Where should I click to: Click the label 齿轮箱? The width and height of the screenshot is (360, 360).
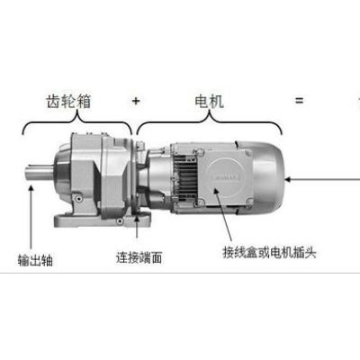[x=68, y=101]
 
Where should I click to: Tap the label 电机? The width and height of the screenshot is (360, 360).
[x=209, y=101]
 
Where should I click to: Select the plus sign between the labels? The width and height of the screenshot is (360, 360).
[x=136, y=101]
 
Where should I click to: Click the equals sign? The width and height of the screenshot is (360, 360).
[x=299, y=101]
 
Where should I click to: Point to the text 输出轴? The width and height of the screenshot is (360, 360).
[x=35, y=260]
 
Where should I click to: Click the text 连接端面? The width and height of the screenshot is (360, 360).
[x=139, y=257]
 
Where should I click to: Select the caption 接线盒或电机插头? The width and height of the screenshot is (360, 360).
[x=269, y=252]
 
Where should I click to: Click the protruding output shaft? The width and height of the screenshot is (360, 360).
[x=40, y=173]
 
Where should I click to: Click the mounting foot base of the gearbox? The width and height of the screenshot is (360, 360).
[x=102, y=220]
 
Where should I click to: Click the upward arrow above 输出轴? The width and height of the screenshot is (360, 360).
[x=31, y=217]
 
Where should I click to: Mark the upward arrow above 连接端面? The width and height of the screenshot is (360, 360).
[x=137, y=226]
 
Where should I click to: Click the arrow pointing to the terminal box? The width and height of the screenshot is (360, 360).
[x=223, y=214]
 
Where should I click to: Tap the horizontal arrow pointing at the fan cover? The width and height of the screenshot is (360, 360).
[x=322, y=180]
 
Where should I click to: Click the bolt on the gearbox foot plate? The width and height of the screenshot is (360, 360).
[x=120, y=221]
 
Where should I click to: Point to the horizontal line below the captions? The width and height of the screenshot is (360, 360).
[x=180, y=273]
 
